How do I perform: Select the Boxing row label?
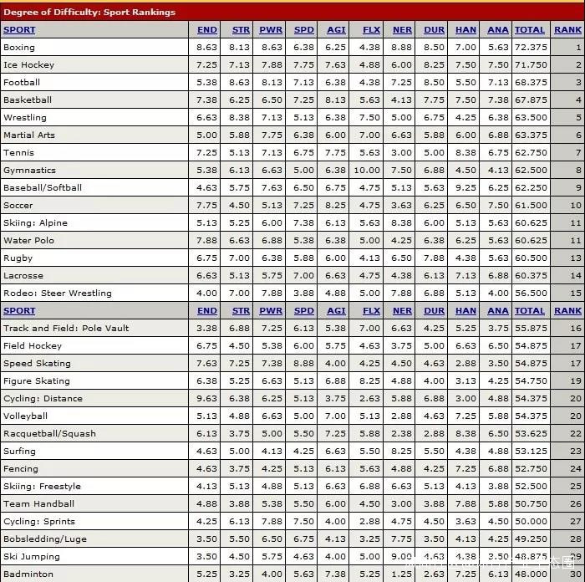pos(19,48)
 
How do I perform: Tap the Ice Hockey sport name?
pos(28,65)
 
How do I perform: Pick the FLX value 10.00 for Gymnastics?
pos(368,171)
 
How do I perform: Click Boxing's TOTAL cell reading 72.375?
pos(531,48)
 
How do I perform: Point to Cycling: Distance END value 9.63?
pos(206,399)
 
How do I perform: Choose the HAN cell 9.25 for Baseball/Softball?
pos(465,188)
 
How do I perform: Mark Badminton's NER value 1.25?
pos(402,574)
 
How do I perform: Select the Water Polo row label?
pos(28,241)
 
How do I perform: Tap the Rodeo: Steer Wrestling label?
pos(57,294)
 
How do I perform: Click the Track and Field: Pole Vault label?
pos(66,329)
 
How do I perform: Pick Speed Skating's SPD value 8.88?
pos(304,364)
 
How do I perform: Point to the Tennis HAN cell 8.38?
pos(465,153)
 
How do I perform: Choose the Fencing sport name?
pos(21,469)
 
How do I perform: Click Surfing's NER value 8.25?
pos(402,452)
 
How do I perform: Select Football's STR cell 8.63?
pos(240,83)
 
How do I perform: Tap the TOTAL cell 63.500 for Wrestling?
pos(531,118)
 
